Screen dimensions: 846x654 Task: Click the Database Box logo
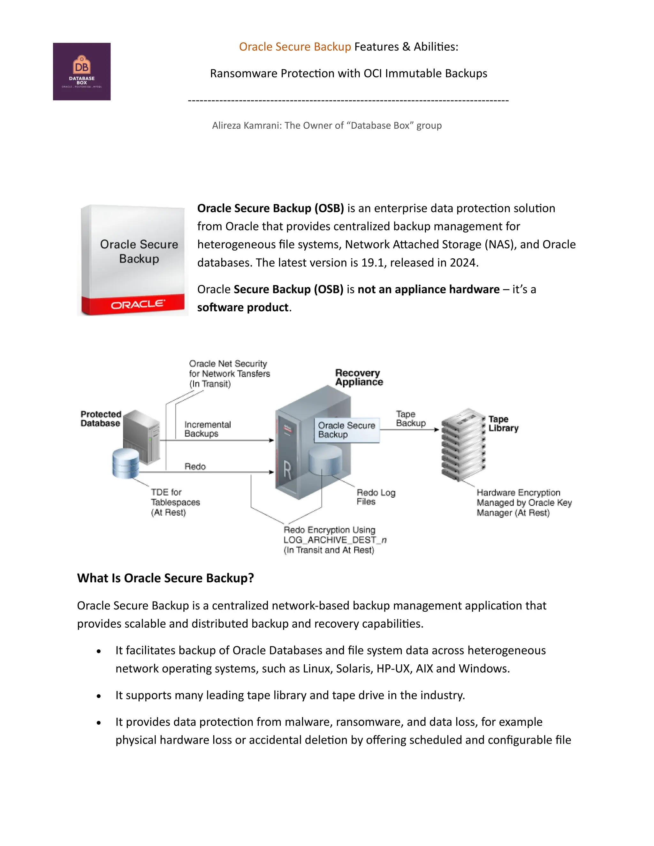(x=82, y=72)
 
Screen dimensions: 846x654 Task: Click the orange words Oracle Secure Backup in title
(x=294, y=47)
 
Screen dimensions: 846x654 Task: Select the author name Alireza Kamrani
(x=247, y=125)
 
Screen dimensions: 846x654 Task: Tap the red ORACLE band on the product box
(x=133, y=305)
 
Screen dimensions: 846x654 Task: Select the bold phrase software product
(x=243, y=307)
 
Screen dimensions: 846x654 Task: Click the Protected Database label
(x=101, y=419)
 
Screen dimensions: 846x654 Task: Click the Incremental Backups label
(x=207, y=429)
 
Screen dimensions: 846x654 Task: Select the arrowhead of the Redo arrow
(x=272, y=472)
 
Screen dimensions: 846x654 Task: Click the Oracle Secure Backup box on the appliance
(x=346, y=430)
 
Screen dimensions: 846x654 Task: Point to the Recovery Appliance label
(x=359, y=377)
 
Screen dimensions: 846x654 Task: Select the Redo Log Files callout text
(x=376, y=497)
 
